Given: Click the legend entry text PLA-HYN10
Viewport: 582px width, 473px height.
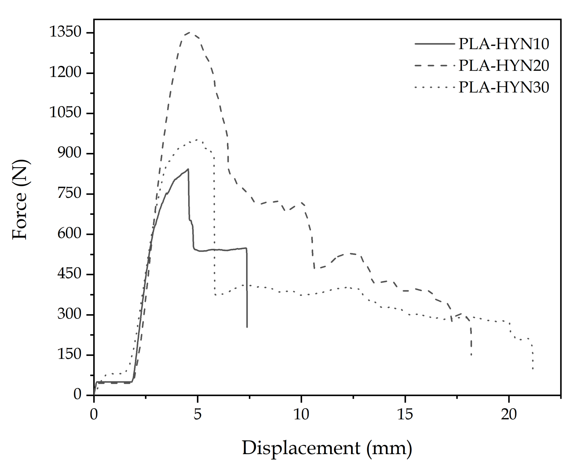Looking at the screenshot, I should (504, 44).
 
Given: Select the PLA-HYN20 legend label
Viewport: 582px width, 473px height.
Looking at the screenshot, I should (504, 65).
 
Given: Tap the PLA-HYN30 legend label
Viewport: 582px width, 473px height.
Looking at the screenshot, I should (504, 87).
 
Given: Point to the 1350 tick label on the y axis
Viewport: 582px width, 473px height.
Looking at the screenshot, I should (65, 32).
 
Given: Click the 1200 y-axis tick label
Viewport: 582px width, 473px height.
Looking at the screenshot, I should (65, 73).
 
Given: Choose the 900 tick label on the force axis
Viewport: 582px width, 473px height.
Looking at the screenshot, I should (69, 153).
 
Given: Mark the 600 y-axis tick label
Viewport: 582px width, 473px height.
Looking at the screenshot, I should (69, 234).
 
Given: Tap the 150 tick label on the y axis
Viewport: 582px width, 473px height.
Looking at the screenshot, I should (69, 354).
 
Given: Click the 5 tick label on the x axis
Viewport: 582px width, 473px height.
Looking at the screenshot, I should (198, 414).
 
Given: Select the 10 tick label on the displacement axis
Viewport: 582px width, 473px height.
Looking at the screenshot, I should (301, 414).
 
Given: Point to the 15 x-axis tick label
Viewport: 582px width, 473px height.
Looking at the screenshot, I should (405, 414).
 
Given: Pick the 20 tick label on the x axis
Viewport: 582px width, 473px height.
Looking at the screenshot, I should (509, 414).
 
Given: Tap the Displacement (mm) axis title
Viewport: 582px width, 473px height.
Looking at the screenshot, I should (327, 448).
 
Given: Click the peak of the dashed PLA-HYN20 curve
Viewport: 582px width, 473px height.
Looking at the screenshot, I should (189, 32).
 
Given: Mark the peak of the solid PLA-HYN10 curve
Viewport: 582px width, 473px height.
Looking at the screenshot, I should (188, 169).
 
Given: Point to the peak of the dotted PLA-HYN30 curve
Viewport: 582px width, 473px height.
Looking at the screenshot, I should (196, 140).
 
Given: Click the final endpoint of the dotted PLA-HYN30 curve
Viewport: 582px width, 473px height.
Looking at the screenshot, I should (533, 369).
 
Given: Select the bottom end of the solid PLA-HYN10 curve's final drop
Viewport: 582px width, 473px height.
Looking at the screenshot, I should (247, 327).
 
